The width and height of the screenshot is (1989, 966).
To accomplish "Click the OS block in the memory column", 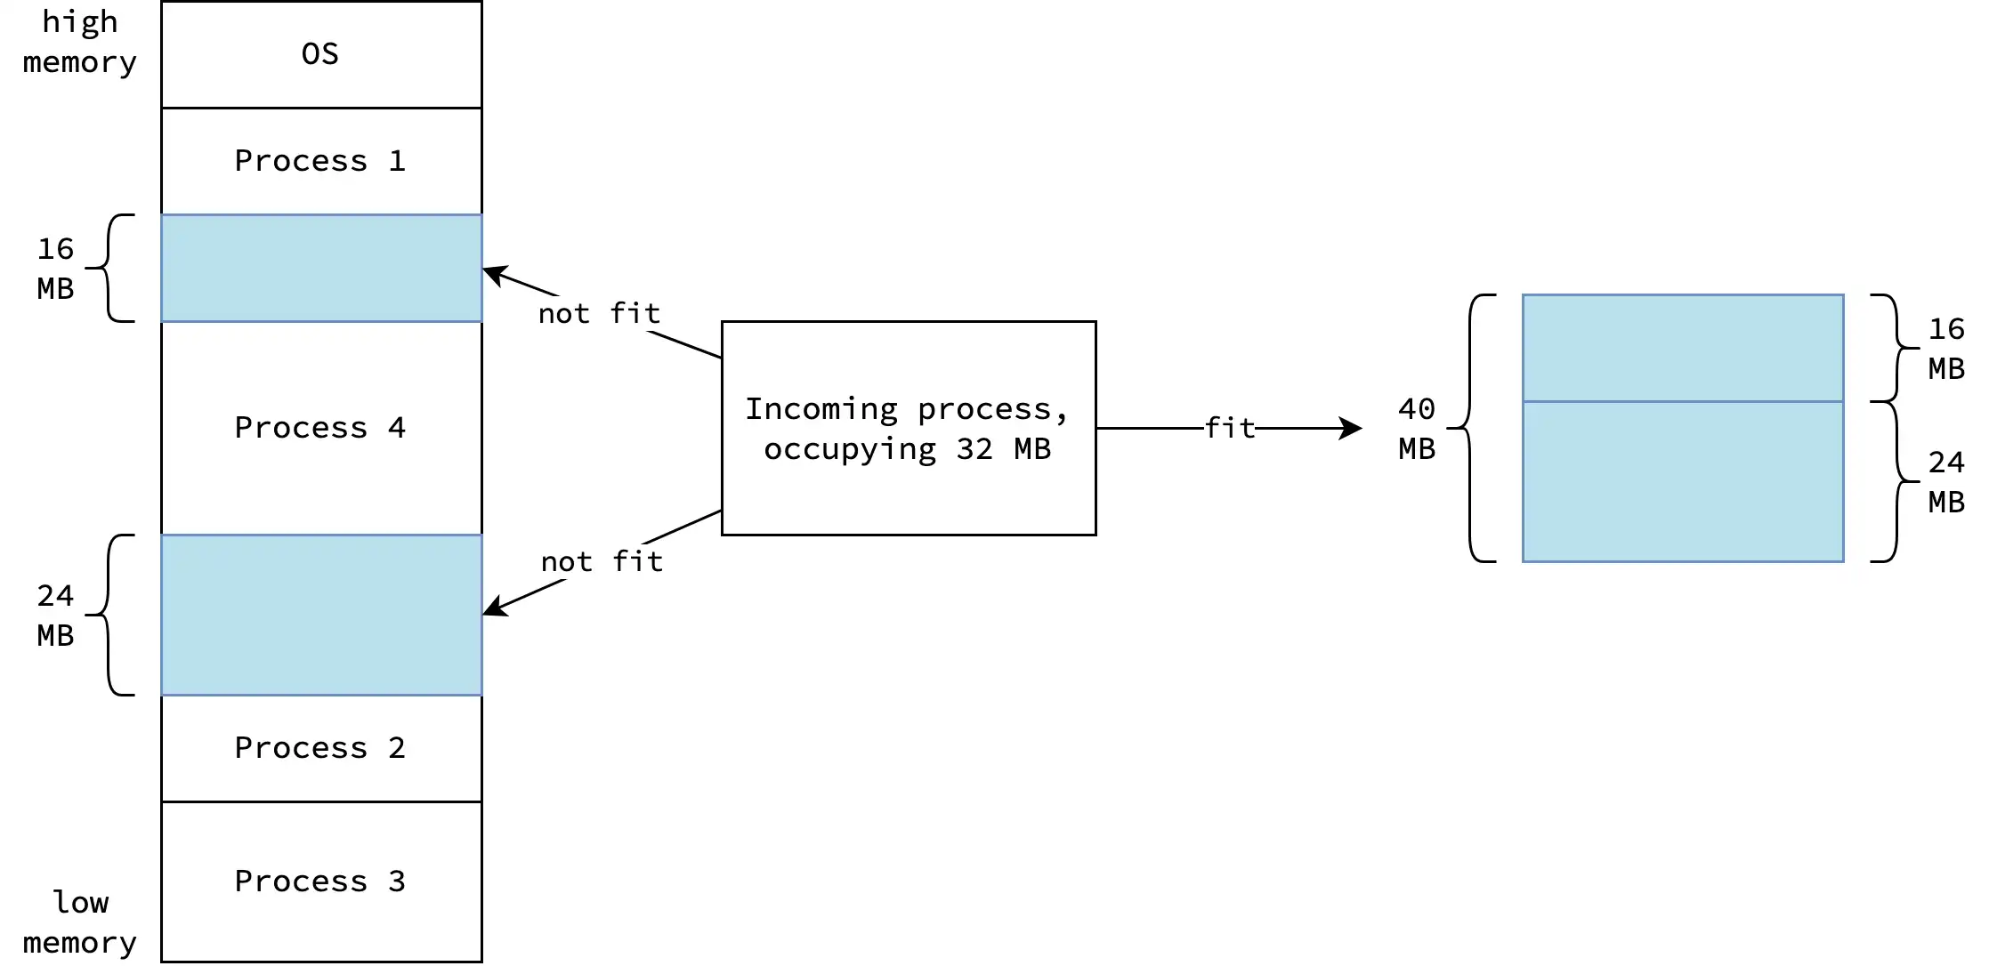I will pyautogui.click(x=321, y=54).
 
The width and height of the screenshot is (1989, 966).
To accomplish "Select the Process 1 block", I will pyautogui.click(x=321, y=161).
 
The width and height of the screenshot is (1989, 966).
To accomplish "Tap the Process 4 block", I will pyautogui.click(x=321, y=428).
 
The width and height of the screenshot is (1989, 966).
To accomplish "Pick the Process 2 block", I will pyautogui.click(x=321, y=748).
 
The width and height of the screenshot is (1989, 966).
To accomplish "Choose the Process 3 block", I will pyautogui.click(x=321, y=881).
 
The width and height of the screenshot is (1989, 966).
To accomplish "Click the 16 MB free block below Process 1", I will pyautogui.click(x=321, y=268).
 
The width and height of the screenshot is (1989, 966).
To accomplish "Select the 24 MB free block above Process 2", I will pyautogui.click(x=321, y=615).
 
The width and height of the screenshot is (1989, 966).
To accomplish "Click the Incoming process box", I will pyautogui.click(x=908, y=428).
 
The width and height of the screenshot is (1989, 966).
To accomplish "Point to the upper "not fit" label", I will pyautogui.click(x=599, y=313).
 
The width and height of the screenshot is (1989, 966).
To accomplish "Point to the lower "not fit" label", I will pyautogui.click(x=602, y=561).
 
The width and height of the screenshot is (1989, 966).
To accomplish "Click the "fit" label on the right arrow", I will pyautogui.click(x=1230, y=428).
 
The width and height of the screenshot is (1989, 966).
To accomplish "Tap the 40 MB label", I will pyautogui.click(x=1416, y=428).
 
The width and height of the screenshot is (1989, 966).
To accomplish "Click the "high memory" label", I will pyautogui.click(x=80, y=42).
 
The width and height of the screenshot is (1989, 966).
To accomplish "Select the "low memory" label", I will pyautogui.click(x=80, y=922).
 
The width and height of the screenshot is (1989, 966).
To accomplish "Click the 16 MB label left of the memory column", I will pyautogui.click(x=55, y=268).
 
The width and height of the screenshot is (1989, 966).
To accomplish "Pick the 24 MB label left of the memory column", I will pyautogui.click(x=55, y=615).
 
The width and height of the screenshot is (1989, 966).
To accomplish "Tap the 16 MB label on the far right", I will pyautogui.click(x=1946, y=348).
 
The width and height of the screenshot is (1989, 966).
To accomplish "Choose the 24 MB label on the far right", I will pyautogui.click(x=1946, y=481).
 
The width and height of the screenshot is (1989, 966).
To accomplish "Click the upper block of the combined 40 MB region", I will pyautogui.click(x=1682, y=348).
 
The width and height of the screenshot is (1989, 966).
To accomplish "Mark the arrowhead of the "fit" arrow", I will pyautogui.click(x=1353, y=428).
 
